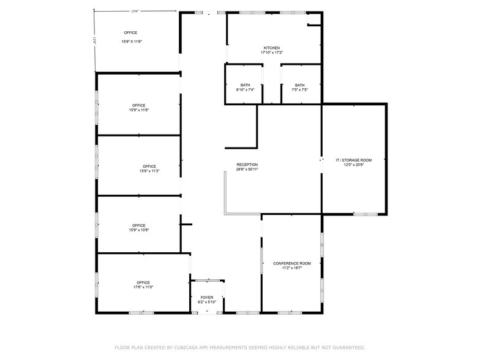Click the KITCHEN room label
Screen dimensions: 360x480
click(x=272, y=48)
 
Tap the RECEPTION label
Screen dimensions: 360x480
click(x=247, y=164)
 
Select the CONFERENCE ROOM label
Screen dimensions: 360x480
click(x=292, y=263)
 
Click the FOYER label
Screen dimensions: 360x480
click(x=207, y=297)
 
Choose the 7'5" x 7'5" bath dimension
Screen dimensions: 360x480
click(x=299, y=90)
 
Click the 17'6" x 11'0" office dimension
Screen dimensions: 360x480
click(x=143, y=287)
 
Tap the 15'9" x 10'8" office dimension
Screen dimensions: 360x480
click(x=139, y=230)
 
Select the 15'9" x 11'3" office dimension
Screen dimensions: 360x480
click(x=149, y=171)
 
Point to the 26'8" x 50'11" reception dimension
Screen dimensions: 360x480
click(x=247, y=170)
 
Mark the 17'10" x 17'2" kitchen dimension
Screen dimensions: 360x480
click(x=272, y=53)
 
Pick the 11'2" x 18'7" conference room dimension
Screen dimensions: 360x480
click(x=292, y=268)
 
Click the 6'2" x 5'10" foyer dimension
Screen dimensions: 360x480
click(x=207, y=302)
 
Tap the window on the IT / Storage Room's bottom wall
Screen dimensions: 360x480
click(x=366, y=214)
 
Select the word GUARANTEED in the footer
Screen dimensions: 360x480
click(x=346, y=347)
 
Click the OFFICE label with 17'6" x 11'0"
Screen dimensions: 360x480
click(x=143, y=282)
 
